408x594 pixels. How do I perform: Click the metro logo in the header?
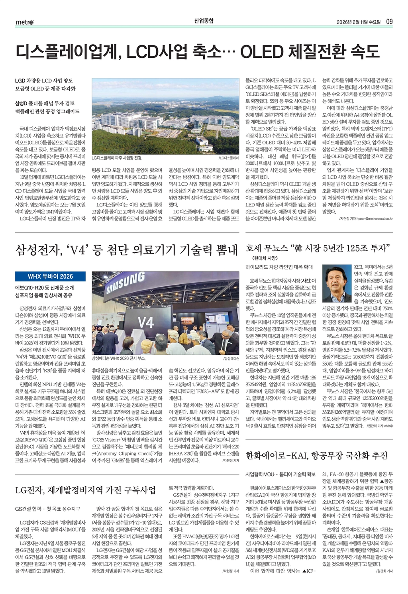point(24,22)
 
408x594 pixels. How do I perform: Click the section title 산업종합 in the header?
point(204,20)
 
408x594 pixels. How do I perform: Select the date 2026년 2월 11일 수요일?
point(358,22)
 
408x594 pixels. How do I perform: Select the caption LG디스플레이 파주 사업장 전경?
point(117,158)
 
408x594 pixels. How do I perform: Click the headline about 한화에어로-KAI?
point(317,455)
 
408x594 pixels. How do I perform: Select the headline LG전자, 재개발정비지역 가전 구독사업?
point(85,490)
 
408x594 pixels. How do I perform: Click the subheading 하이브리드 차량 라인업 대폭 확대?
point(279,267)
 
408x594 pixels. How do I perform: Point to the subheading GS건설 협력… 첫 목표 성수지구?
point(48,509)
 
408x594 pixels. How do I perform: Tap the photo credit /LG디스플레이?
point(228,158)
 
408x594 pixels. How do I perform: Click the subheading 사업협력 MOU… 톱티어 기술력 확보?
point(280,474)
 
